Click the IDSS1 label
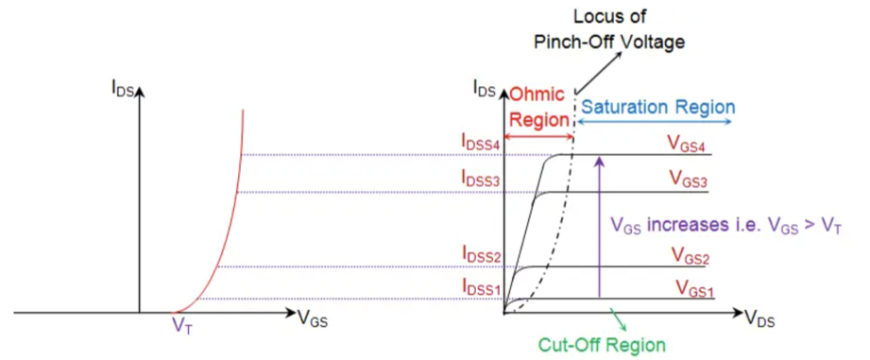tap(481, 286)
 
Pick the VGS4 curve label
tap(689, 143)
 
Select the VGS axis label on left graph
tap(316, 319)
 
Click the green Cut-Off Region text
tap(603, 345)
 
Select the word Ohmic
tap(537, 96)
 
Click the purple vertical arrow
tap(599, 227)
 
